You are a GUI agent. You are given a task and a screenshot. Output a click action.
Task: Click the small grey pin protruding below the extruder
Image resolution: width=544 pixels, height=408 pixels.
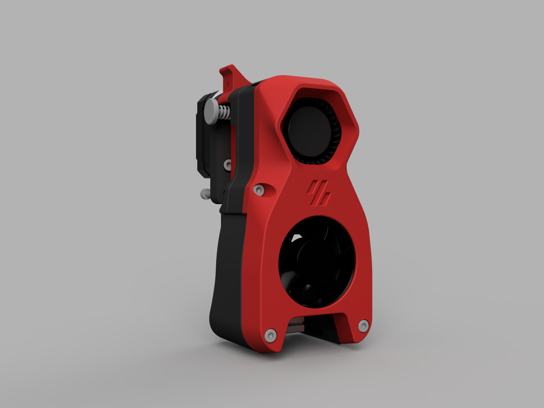[x=204, y=194]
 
